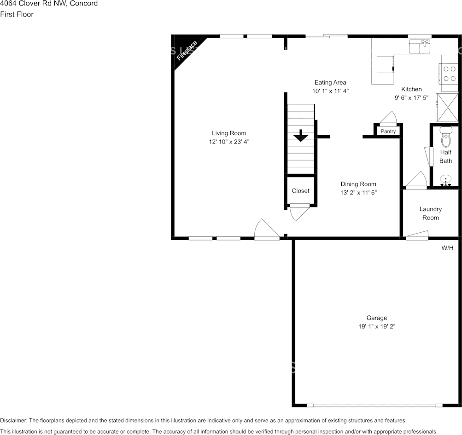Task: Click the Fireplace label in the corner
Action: click(187, 51)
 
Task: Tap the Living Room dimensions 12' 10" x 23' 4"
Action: click(229, 142)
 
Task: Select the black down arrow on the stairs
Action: click(301, 136)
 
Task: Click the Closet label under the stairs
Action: click(300, 191)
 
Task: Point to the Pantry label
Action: click(388, 132)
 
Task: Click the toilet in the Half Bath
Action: click(445, 137)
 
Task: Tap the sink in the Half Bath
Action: click(445, 180)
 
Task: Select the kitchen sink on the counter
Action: click(419, 46)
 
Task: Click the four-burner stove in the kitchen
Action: click(450, 74)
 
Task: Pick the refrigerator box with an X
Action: click(447, 107)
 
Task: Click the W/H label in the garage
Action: click(447, 248)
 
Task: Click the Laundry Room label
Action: click(430, 213)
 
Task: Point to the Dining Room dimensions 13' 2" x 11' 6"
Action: click(358, 193)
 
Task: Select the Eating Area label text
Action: click(330, 83)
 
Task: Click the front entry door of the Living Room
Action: click(266, 230)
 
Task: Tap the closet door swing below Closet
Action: click(299, 212)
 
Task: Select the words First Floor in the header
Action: click(17, 14)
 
